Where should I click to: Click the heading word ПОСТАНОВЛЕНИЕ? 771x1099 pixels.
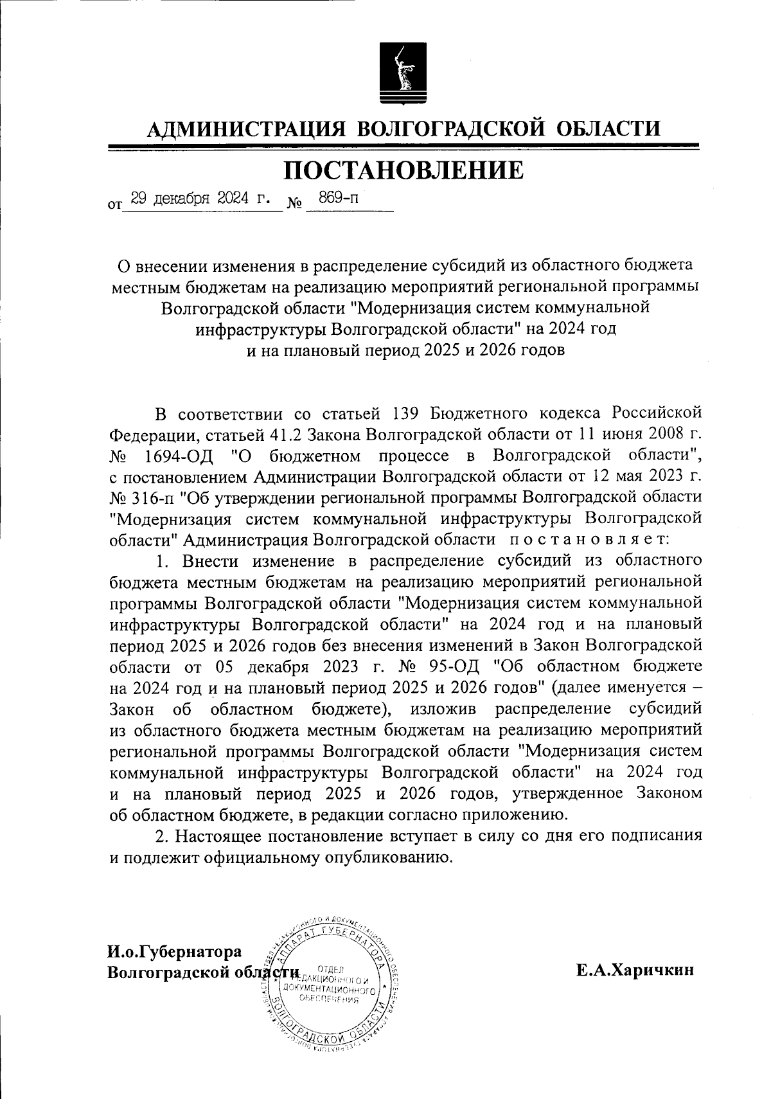tap(403, 171)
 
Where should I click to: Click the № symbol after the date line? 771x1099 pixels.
tap(295, 206)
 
